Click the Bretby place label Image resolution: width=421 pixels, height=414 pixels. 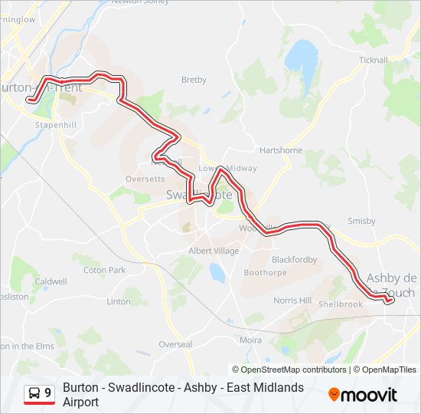click(x=194, y=80)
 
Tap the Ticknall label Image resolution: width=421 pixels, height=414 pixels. click(x=373, y=60)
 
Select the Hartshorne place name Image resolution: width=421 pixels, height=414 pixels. click(x=281, y=150)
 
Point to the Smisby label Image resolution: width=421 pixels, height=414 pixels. click(x=361, y=221)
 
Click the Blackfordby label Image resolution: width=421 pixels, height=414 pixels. click(x=294, y=260)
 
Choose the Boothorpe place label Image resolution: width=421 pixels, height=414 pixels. click(x=265, y=273)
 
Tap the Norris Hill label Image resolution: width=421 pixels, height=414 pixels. click(x=293, y=300)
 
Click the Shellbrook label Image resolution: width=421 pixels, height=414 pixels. click(x=341, y=304)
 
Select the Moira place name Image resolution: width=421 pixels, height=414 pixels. click(x=250, y=339)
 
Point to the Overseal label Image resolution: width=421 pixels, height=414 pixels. click(x=176, y=344)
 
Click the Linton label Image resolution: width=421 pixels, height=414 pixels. click(x=119, y=301)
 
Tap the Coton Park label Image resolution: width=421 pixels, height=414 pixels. click(x=104, y=270)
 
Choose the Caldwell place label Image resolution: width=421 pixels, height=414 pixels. click(x=51, y=281)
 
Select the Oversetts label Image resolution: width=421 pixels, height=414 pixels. click(x=145, y=179)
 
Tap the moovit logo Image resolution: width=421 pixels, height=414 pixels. click(x=363, y=395)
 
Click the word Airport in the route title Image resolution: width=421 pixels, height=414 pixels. click(x=81, y=402)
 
